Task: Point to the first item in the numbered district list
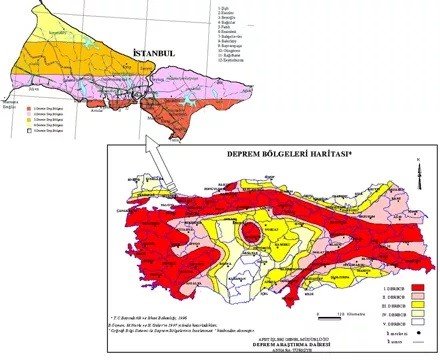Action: click(x=225, y=8)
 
